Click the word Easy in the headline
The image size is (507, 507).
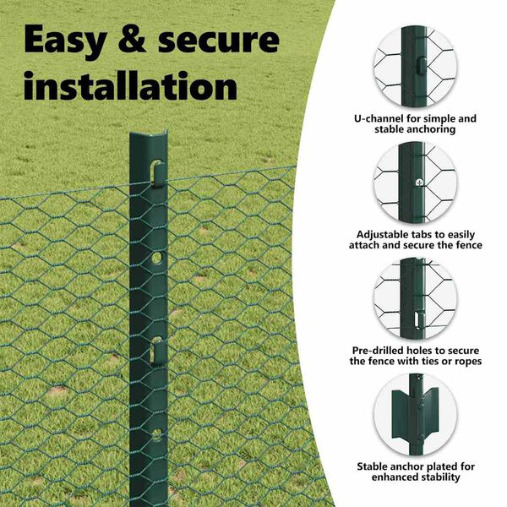[x=65, y=41]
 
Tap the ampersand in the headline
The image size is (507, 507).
[x=132, y=39]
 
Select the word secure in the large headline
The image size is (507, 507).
[x=219, y=41]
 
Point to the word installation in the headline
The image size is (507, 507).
[x=131, y=85]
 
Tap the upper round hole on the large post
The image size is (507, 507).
[x=157, y=258]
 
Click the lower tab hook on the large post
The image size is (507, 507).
[x=157, y=350]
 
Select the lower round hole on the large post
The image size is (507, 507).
[x=156, y=435]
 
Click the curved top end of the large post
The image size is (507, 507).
[x=149, y=135]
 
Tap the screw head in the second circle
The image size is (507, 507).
[x=419, y=183]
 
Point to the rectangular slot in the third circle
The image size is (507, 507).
[x=419, y=320]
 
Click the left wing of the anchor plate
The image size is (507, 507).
[x=401, y=415]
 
